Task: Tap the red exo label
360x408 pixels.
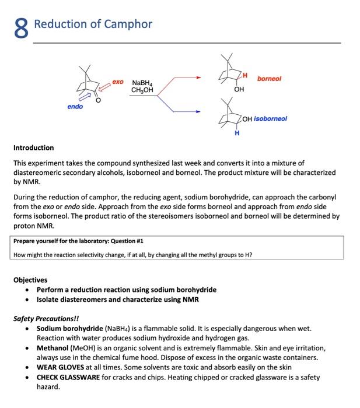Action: point(117,83)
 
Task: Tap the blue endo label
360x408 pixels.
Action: point(75,107)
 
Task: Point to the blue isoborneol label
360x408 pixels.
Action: point(270,118)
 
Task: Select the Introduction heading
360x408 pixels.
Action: point(33,147)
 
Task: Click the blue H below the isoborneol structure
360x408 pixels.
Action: point(236,133)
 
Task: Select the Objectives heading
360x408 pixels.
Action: point(30,280)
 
